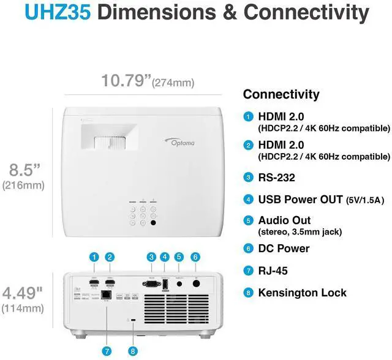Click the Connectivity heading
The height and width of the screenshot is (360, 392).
click(x=281, y=94)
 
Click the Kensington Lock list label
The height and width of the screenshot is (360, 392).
click(x=302, y=293)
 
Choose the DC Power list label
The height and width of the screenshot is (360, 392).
click(x=284, y=248)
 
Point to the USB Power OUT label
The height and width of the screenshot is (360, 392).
click(x=298, y=198)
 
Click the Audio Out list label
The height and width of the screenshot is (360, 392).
click(x=284, y=220)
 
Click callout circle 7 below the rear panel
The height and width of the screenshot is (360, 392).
click(x=108, y=335)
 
